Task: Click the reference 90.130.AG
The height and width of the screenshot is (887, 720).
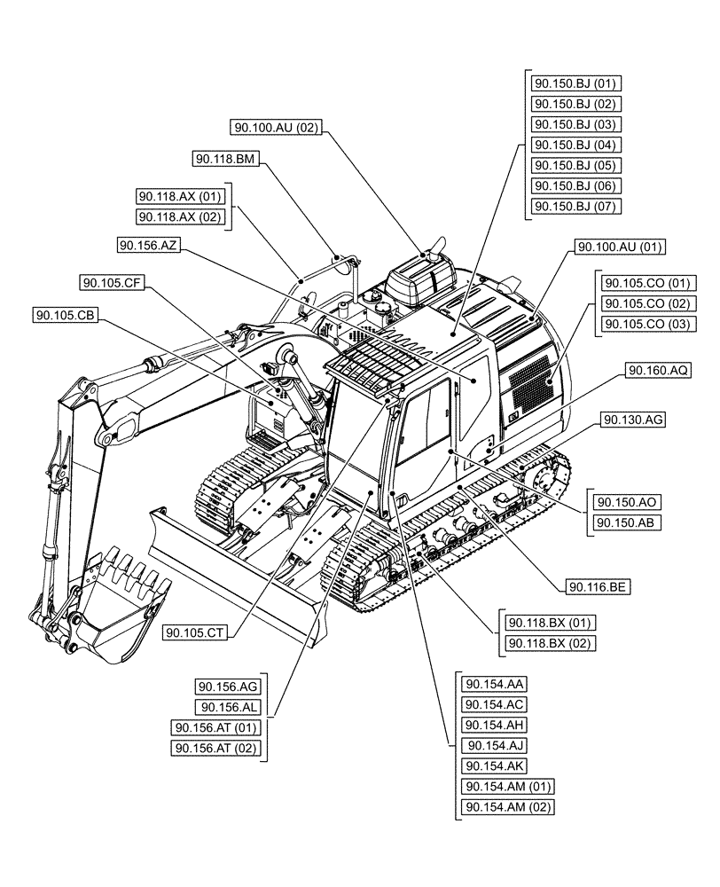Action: click(632, 419)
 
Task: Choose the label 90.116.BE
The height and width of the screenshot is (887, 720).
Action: click(596, 586)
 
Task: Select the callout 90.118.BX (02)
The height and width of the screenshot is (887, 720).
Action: click(549, 643)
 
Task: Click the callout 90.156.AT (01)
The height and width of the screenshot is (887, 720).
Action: click(215, 728)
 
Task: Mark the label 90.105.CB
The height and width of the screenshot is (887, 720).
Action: click(67, 315)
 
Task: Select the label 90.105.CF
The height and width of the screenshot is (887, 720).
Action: click(112, 283)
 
